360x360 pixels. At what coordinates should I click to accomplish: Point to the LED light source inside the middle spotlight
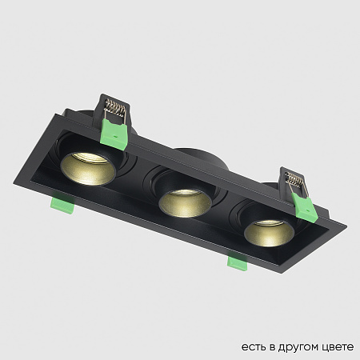pos(181,195)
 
